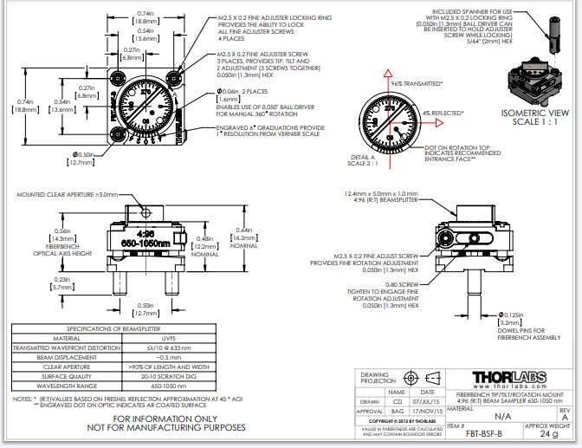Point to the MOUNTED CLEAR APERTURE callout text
tap(64, 194)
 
